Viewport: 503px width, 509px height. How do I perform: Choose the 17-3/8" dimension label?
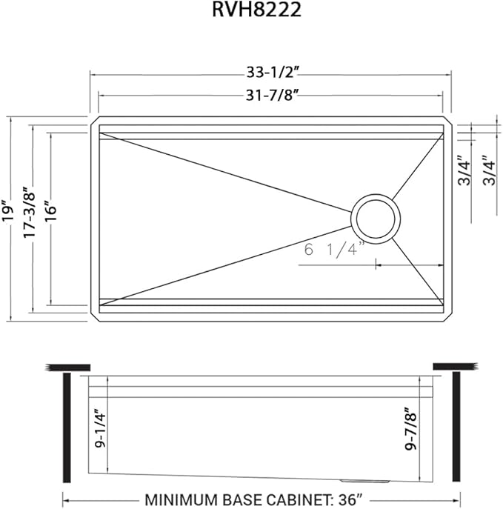click(30, 211)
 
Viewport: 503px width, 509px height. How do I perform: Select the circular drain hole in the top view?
click(375, 219)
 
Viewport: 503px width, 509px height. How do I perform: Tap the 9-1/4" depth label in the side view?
click(101, 428)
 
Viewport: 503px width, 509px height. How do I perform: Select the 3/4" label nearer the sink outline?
click(463, 171)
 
